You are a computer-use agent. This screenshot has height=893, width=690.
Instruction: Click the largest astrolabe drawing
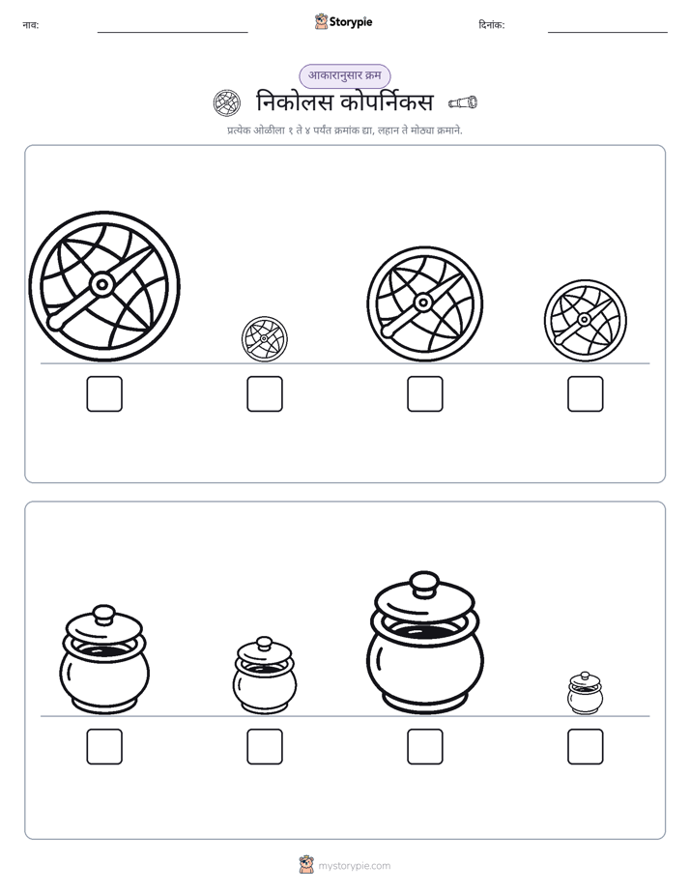[x=104, y=286]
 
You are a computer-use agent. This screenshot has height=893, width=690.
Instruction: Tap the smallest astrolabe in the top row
[x=264, y=339]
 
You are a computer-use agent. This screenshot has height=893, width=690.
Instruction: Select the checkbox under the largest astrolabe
[x=104, y=393]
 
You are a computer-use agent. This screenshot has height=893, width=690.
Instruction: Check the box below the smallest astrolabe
[x=265, y=393]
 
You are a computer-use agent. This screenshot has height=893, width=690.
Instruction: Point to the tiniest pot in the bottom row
[x=586, y=693]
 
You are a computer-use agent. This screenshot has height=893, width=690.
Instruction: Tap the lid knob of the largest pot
[x=424, y=584]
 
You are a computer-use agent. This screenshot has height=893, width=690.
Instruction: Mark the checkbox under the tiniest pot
[x=586, y=747]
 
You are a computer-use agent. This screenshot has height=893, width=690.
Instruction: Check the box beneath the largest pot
[x=424, y=747]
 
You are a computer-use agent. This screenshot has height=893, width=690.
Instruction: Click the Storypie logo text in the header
[x=351, y=22]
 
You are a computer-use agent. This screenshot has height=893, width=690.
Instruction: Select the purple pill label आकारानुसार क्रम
[x=345, y=75]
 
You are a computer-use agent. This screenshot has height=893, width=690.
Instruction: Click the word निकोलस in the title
[x=295, y=102]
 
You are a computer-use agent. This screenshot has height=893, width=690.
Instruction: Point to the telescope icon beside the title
[x=463, y=102]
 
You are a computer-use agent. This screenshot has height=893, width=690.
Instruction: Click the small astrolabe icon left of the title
[x=226, y=103]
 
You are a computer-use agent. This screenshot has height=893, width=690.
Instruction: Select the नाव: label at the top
[x=31, y=25]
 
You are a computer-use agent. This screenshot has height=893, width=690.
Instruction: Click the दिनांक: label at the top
[x=492, y=25]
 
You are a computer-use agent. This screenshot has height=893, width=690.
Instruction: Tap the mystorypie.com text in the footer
[x=354, y=866]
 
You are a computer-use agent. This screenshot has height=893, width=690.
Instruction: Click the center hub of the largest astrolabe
[x=102, y=284]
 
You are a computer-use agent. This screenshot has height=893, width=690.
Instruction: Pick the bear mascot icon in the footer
[x=306, y=865]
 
